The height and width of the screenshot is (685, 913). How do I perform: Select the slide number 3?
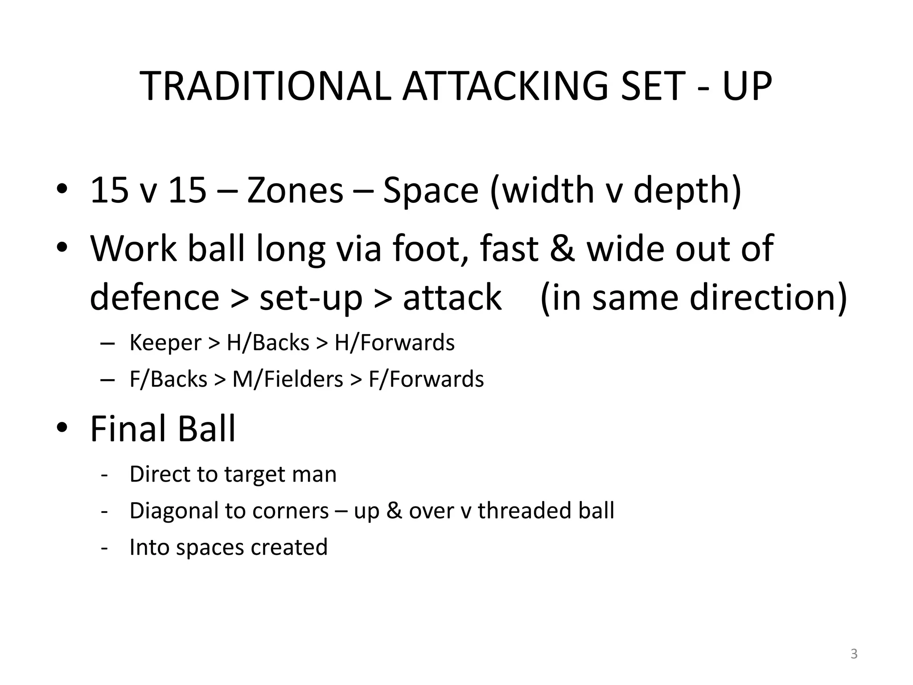coord(854,654)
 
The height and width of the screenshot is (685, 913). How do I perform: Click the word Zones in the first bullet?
coord(295,191)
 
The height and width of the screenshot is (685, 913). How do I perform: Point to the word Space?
coord(431,191)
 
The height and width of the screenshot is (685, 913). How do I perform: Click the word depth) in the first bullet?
coord(687,191)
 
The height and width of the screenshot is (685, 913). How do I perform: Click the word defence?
coord(154,297)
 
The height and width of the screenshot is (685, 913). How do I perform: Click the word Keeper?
coord(165,343)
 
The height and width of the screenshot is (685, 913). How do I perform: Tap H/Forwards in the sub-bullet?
coord(395,343)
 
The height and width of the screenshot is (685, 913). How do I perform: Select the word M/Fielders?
coord(288,380)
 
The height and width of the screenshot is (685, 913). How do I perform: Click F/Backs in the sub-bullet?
coord(168,380)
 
